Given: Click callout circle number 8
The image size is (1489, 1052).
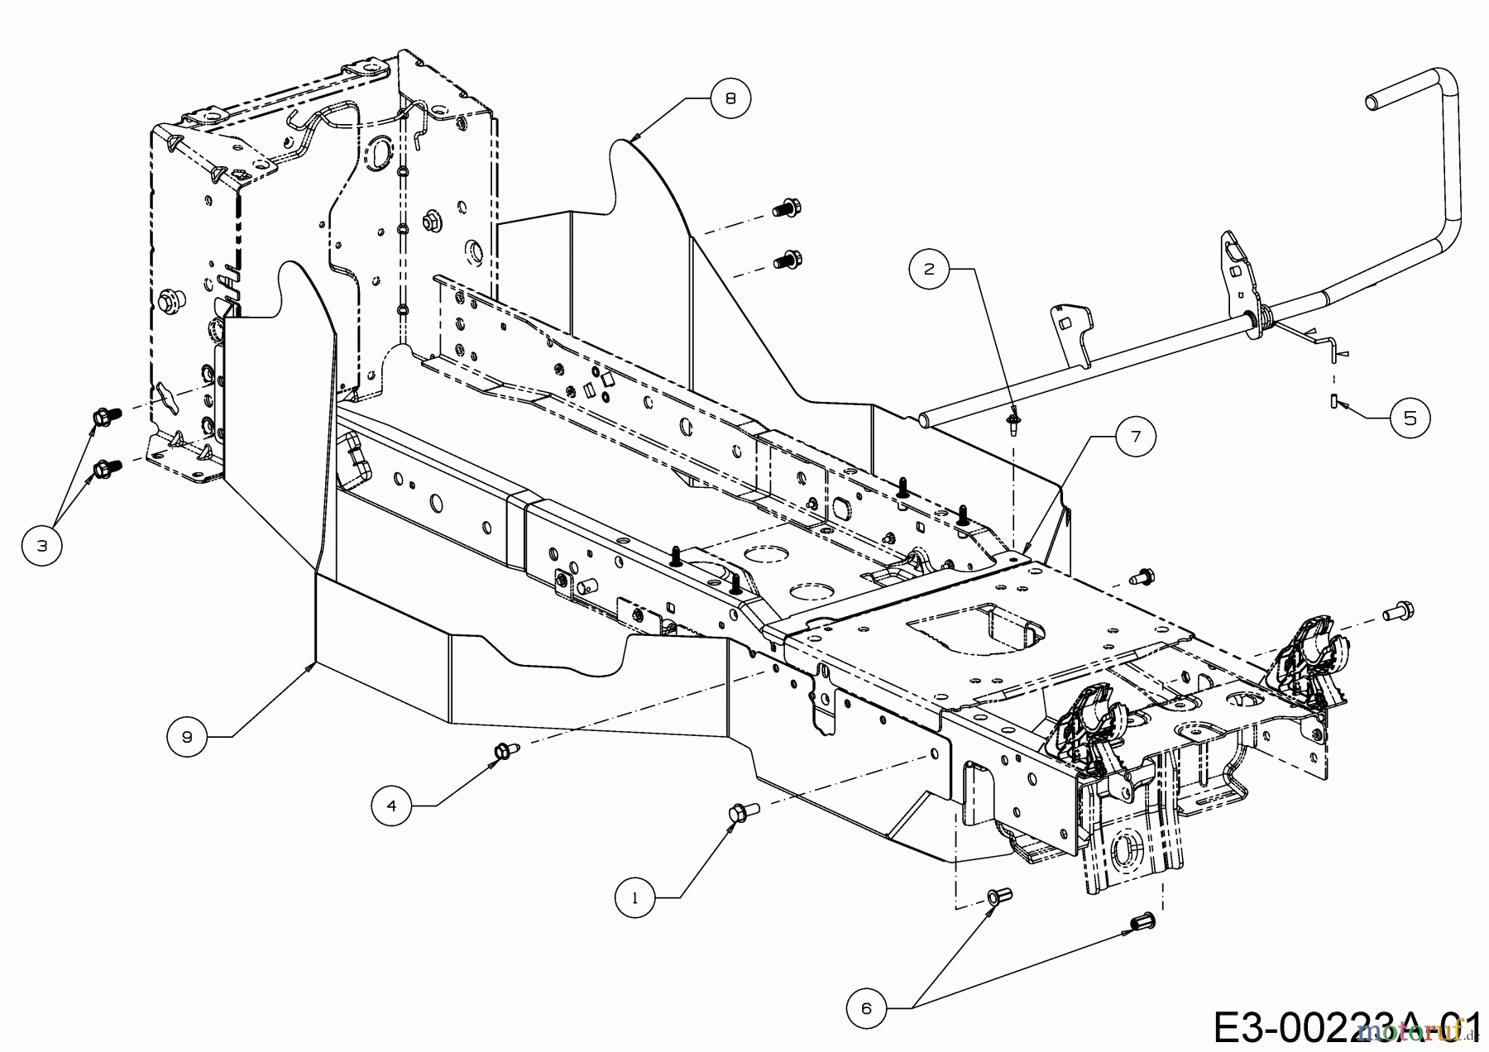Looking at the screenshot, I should click(729, 98).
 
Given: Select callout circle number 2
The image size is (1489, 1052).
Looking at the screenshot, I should click(930, 269).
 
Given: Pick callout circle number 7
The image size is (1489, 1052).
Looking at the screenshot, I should click(1135, 437).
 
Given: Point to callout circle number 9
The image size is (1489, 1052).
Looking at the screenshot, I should click(187, 736).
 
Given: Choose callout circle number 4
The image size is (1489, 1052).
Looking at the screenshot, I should click(392, 805).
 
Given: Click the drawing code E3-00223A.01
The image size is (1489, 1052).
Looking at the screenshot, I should click(1348, 1026).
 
